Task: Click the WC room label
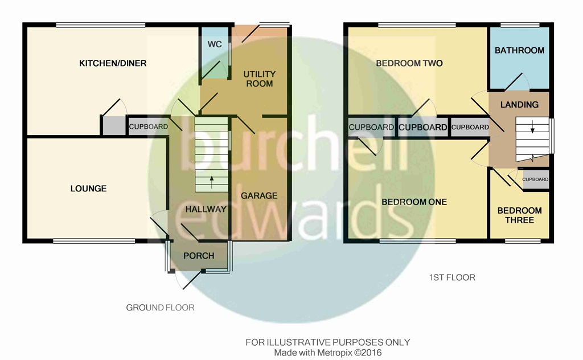pyautogui.click(x=215, y=44)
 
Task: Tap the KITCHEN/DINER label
pyautogui.click(x=113, y=63)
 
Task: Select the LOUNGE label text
pyautogui.click(x=88, y=189)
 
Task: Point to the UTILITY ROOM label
pyautogui.click(x=260, y=79)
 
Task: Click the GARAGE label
pyautogui.click(x=259, y=195)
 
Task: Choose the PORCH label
pyautogui.click(x=199, y=256)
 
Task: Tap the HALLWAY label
pyautogui.click(x=206, y=210)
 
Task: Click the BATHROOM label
pyautogui.click(x=519, y=50)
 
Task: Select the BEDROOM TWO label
pyautogui.click(x=409, y=63)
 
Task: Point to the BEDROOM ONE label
pyautogui.click(x=414, y=202)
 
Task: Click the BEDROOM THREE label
pyautogui.click(x=519, y=215)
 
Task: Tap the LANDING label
pyautogui.click(x=519, y=105)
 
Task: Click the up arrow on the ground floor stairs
pyautogui.click(x=212, y=181)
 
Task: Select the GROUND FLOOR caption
pyautogui.click(x=160, y=308)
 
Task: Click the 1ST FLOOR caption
pyautogui.click(x=452, y=277)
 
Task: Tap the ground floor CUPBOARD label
pyautogui.click(x=149, y=127)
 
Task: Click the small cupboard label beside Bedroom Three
pyautogui.click(x=535, y=179)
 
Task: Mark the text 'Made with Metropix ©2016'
pyautogui.click(x=328, y=353)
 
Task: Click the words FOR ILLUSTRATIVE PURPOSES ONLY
pyautogui.click(x=328, y=342)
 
